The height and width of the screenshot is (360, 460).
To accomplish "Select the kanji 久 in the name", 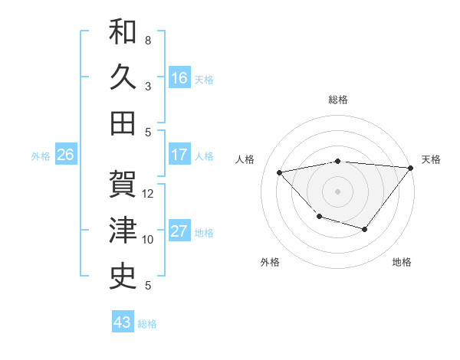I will tap(123, 77).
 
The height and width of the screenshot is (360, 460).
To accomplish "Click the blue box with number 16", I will tap(179, 77).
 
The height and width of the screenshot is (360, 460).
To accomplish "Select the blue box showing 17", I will tap(179, 154).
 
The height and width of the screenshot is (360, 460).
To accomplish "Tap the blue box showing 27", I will tap(179, 231).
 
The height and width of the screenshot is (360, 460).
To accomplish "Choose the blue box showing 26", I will tap(66, 155).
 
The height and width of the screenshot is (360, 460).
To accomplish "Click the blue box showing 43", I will tap(123, 322).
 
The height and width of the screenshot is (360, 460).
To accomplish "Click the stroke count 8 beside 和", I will tap(148, 40).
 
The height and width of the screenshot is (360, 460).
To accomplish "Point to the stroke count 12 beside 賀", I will tap(148, 194).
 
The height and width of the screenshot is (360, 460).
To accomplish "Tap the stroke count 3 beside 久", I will tap(148, 87).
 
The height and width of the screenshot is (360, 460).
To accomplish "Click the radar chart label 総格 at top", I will tap(337, 100).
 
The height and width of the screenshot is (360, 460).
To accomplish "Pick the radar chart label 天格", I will tap(431, 159).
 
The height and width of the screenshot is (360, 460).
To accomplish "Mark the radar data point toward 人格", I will tap(280, 172).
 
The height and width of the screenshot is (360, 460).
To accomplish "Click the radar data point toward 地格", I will tap(365, 229).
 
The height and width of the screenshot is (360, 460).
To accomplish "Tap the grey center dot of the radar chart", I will tap(337, 191).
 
